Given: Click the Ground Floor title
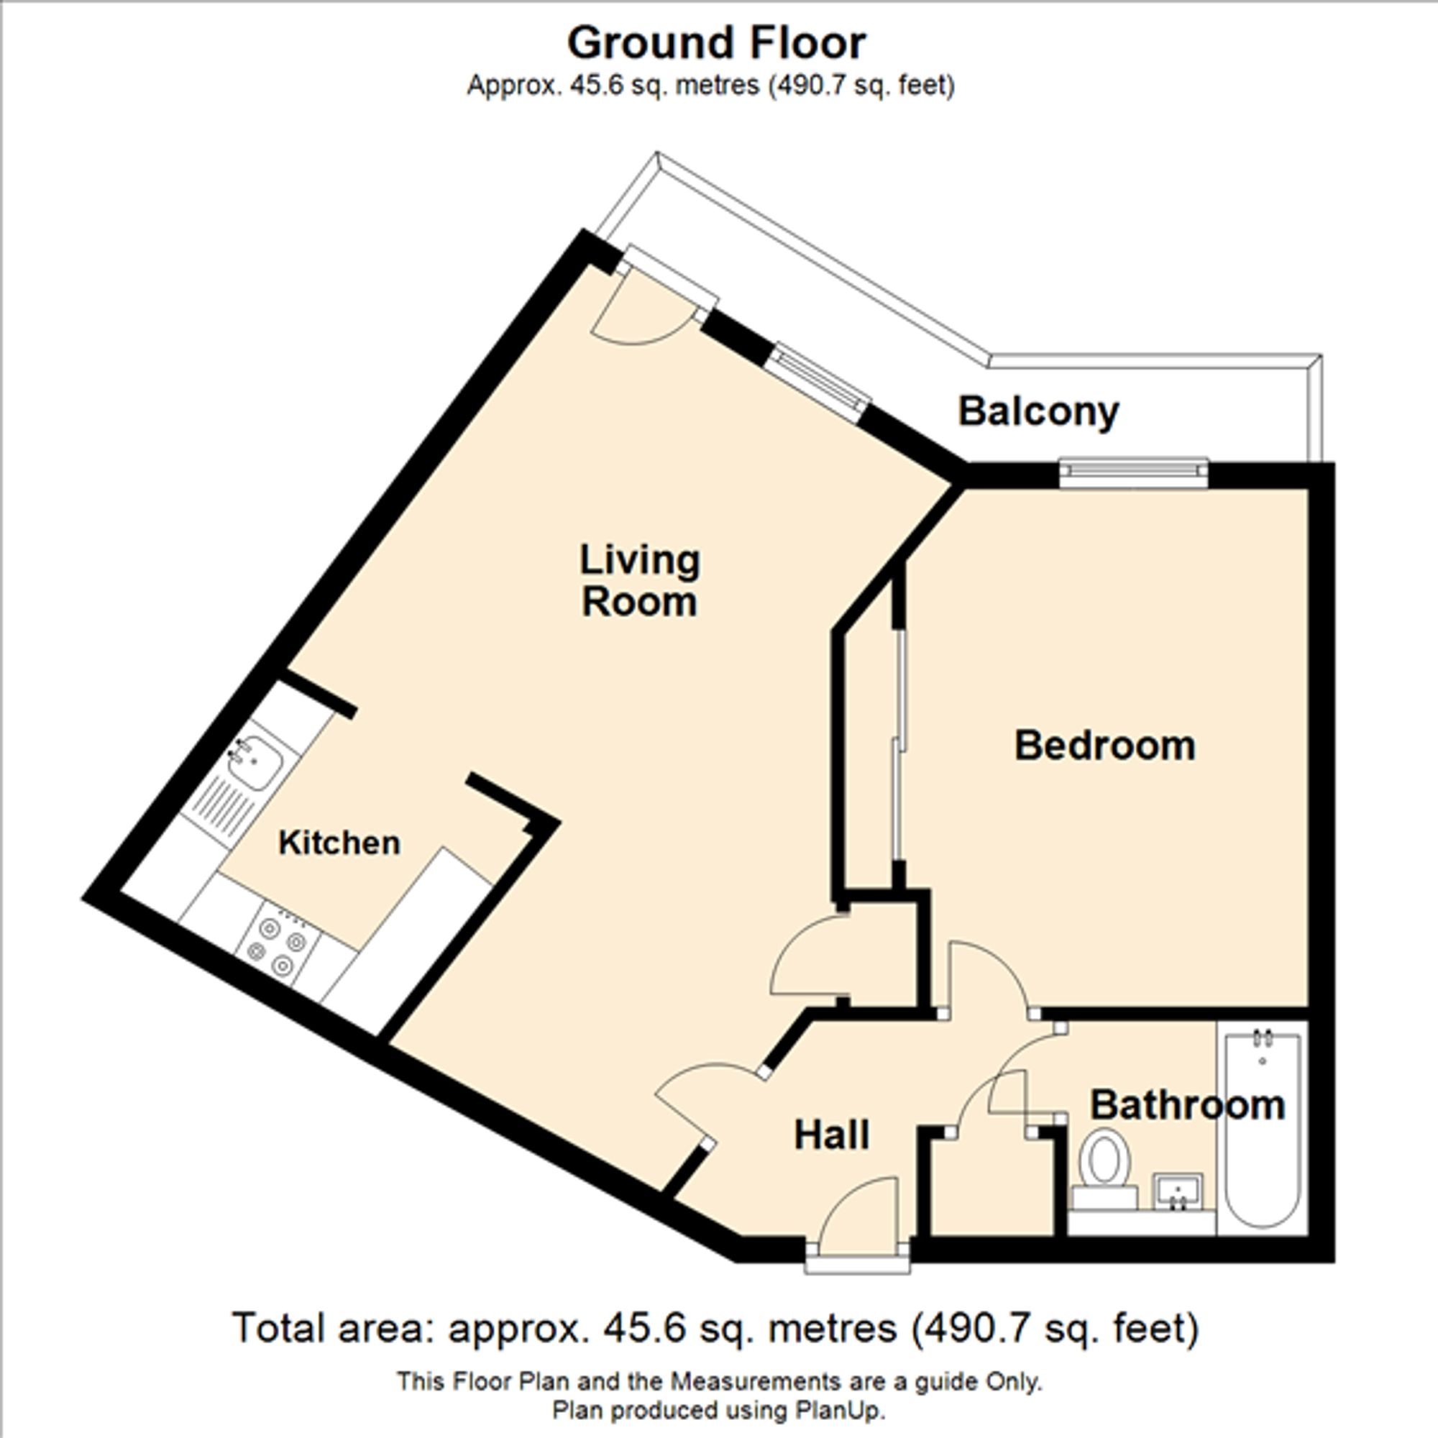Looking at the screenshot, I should (716, 43).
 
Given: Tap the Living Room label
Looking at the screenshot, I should (639, 580).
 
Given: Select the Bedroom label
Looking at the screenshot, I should (1104, 746).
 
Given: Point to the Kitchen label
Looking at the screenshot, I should (339, 843).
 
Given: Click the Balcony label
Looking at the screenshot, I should (1038, 411).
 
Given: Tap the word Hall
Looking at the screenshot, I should (831, 1136).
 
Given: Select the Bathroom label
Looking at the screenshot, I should (1187, 1105).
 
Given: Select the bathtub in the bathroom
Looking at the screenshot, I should (1263, 1129).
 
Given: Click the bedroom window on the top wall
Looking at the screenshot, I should (1133, 472).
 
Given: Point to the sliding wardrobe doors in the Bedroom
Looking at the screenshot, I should (901, 744).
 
